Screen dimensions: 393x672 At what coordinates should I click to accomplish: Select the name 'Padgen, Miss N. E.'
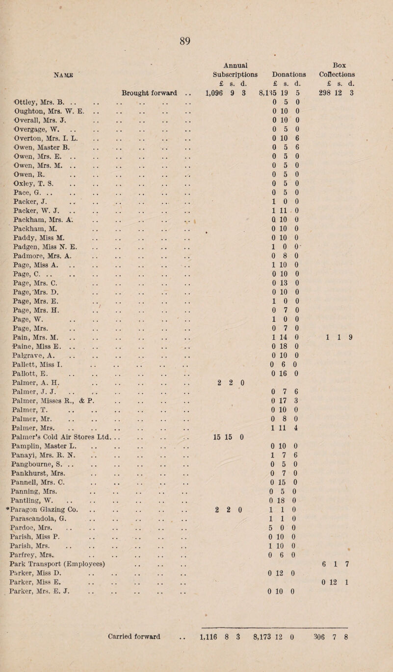coord(47,259)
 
